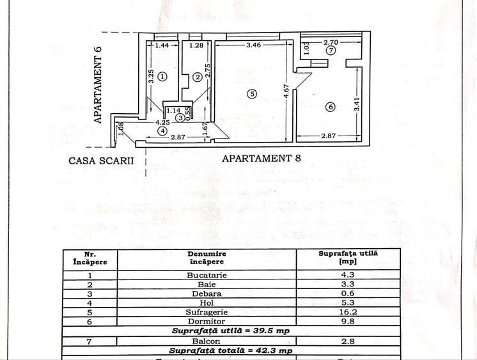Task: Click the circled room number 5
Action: (x=252, y=94)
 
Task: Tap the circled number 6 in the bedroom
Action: (x=330, y=107)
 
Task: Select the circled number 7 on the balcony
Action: (x=330, y=50)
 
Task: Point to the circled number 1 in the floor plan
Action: (x=162, y=76)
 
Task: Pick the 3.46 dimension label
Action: (x=255, y=45)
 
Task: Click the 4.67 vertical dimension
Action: (x=286, y=92)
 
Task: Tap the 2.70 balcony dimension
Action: (x=331, y=42)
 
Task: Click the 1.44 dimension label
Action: (x=162, y=45)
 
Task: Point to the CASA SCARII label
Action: (x=102, y=160)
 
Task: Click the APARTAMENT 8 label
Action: (x=261, y=159)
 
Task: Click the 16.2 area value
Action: (x=348, y=312)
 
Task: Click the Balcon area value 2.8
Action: (x=348, y=341)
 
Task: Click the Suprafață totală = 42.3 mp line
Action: (x=231, y=350)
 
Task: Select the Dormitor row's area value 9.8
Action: (x=348, y=322)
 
